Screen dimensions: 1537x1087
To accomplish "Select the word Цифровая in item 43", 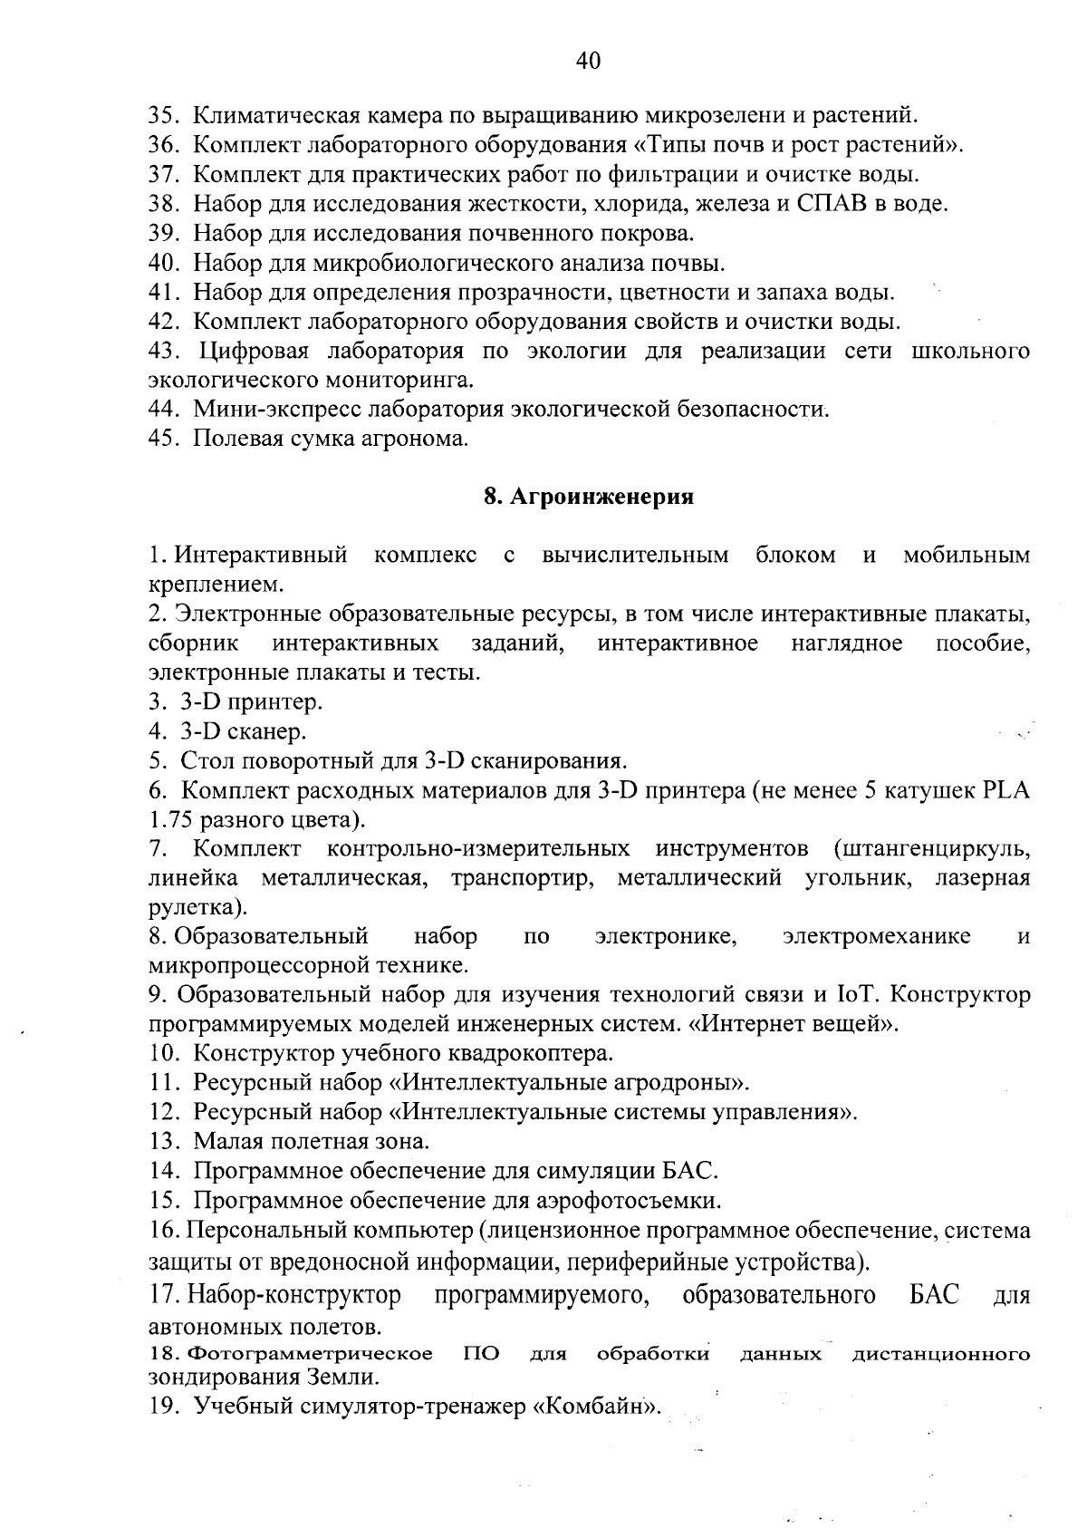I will (254, 351).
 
